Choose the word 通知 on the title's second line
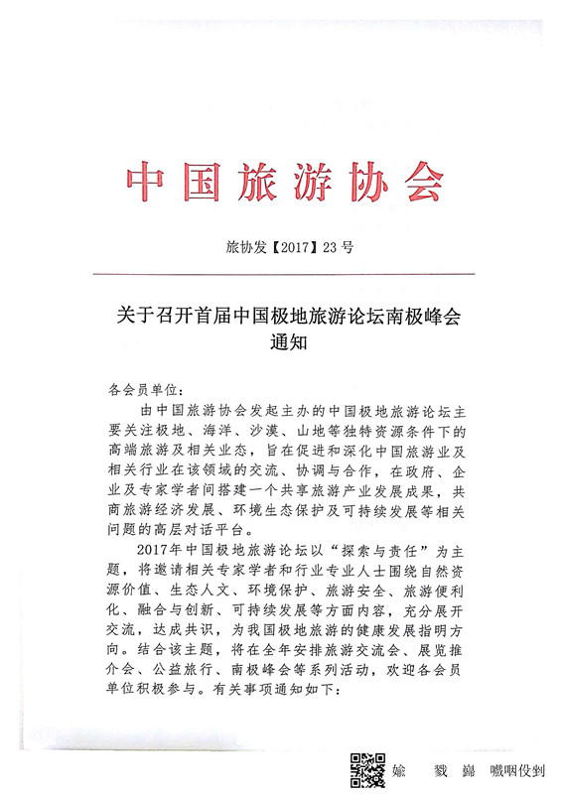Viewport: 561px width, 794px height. point(282,344)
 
